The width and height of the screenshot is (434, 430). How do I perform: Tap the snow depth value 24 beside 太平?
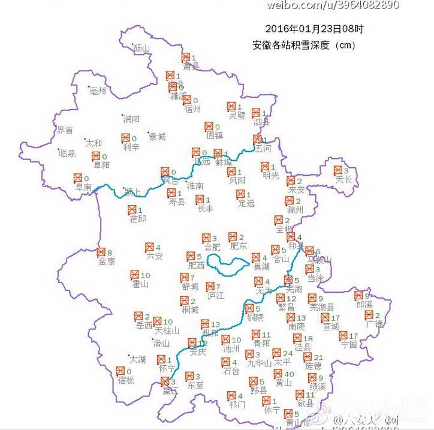288,353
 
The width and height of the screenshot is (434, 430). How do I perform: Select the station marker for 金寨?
101,252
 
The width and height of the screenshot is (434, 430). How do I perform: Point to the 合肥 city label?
213,246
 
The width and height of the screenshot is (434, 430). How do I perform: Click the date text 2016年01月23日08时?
314,28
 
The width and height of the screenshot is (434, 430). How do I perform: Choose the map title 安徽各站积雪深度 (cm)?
304,45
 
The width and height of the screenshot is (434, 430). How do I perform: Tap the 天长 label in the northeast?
343,179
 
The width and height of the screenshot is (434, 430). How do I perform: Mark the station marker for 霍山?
135,275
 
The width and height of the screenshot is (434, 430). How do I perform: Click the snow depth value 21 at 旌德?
318,357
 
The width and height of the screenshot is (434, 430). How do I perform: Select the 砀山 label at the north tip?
142,48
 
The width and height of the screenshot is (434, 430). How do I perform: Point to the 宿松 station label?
126,380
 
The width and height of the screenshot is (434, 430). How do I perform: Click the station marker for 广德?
369,315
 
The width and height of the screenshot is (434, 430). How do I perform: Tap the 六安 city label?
154,257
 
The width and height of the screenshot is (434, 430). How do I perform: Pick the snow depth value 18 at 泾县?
308,339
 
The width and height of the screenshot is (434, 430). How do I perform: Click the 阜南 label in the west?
83,187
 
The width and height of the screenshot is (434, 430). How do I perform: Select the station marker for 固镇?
209,127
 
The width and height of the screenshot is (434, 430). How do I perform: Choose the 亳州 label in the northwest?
97,91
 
